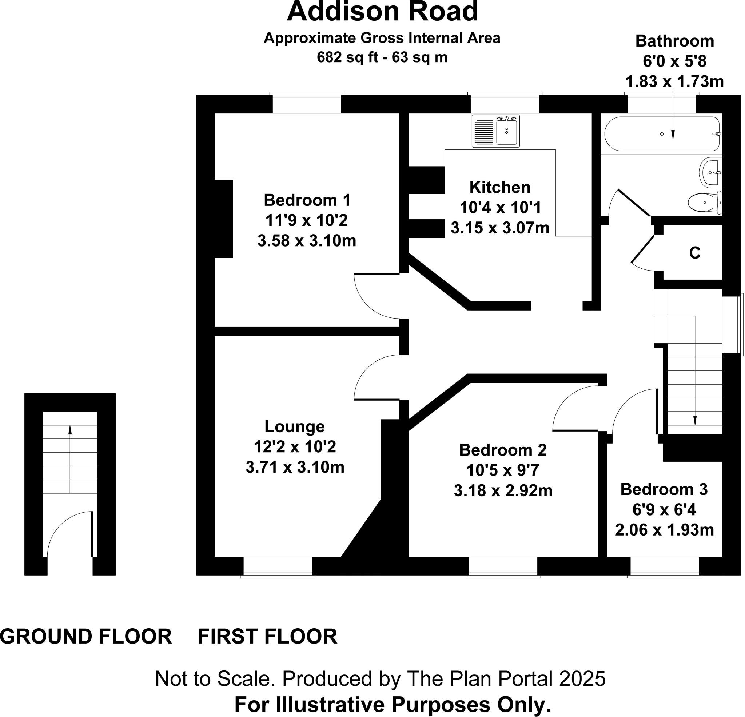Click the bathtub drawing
click(x=661, y=134)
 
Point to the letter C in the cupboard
click(x=695, y=253)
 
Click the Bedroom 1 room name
click(x=307, y=200)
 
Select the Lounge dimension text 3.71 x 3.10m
click(x=295, y=467)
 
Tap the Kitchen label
click(x=500, y=187)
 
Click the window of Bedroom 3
click(x=664, y=567)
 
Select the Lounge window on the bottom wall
click(x=278, y=567)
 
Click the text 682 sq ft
click(x=347, y=58)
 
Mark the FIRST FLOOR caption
click(x=267, y=636)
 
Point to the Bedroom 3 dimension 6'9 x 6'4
click(x=664, y=510)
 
